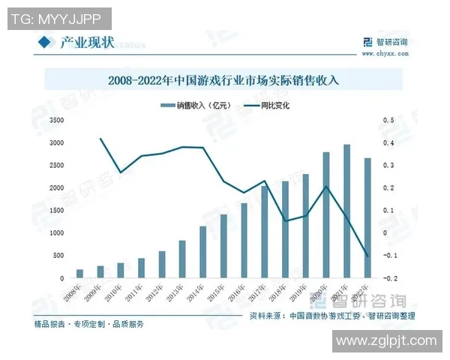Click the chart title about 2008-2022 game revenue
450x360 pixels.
(x=223, y=79)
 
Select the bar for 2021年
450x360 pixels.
(x=346, y=211)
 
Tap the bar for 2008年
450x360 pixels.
(x=79, y=274)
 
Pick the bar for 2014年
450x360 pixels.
(x=202, y=252)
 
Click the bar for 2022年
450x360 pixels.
(x=367, y=217)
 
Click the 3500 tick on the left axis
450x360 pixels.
(x=57, y=120)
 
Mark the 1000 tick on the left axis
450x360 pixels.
(x=57, y=233)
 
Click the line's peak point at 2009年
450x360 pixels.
(x=100, y=139)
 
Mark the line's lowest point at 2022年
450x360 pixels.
(x=367, y=256)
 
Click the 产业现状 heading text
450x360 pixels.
(x=87, y=43)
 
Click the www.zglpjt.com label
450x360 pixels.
(x=385, y=341)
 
